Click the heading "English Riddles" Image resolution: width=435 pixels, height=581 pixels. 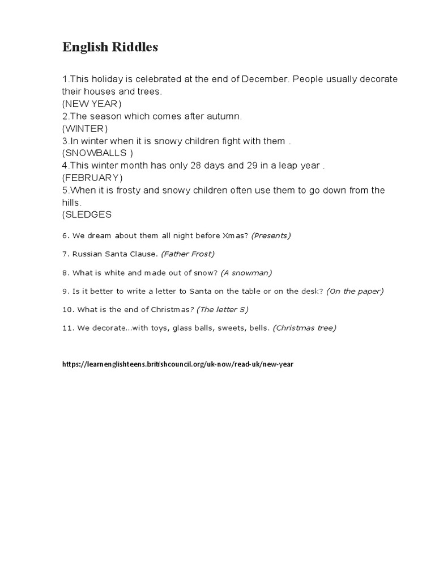110,48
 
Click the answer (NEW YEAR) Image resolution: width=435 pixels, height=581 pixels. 92,103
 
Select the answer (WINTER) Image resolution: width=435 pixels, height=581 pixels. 85,128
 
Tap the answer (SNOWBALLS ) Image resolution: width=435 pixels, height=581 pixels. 97,153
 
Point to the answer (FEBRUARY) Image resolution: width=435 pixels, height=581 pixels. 92,178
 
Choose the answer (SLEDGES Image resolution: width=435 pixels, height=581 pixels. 87,214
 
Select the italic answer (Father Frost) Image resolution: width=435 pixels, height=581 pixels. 187,254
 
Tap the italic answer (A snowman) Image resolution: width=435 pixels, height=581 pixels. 246,273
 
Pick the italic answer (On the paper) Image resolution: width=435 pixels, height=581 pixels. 355,291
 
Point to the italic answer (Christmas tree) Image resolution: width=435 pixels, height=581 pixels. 304,328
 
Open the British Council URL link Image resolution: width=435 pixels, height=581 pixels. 178,364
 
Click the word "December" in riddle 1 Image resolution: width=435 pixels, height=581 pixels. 265,79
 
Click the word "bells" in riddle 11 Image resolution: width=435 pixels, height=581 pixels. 259,328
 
